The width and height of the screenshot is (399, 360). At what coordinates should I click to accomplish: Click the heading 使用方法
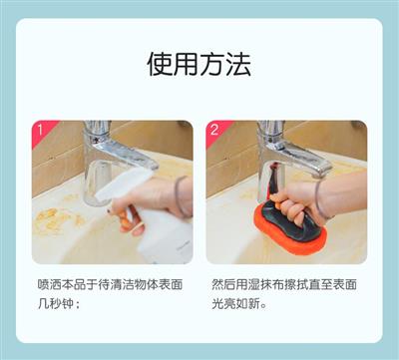[x=199, y=64]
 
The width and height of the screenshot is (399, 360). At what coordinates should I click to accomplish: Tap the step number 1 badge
[x=41, y=131]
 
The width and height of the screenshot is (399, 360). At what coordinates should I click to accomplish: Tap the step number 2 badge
[x=215, y=131]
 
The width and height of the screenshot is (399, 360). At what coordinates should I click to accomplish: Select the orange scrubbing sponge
[x=290, y=229]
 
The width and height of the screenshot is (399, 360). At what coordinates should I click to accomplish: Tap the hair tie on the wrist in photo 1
[x=180, y=196]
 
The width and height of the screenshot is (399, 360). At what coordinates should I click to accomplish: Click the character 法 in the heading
[x=238, y=64]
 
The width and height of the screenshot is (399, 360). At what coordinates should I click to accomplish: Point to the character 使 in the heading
[x=160, y=64]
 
